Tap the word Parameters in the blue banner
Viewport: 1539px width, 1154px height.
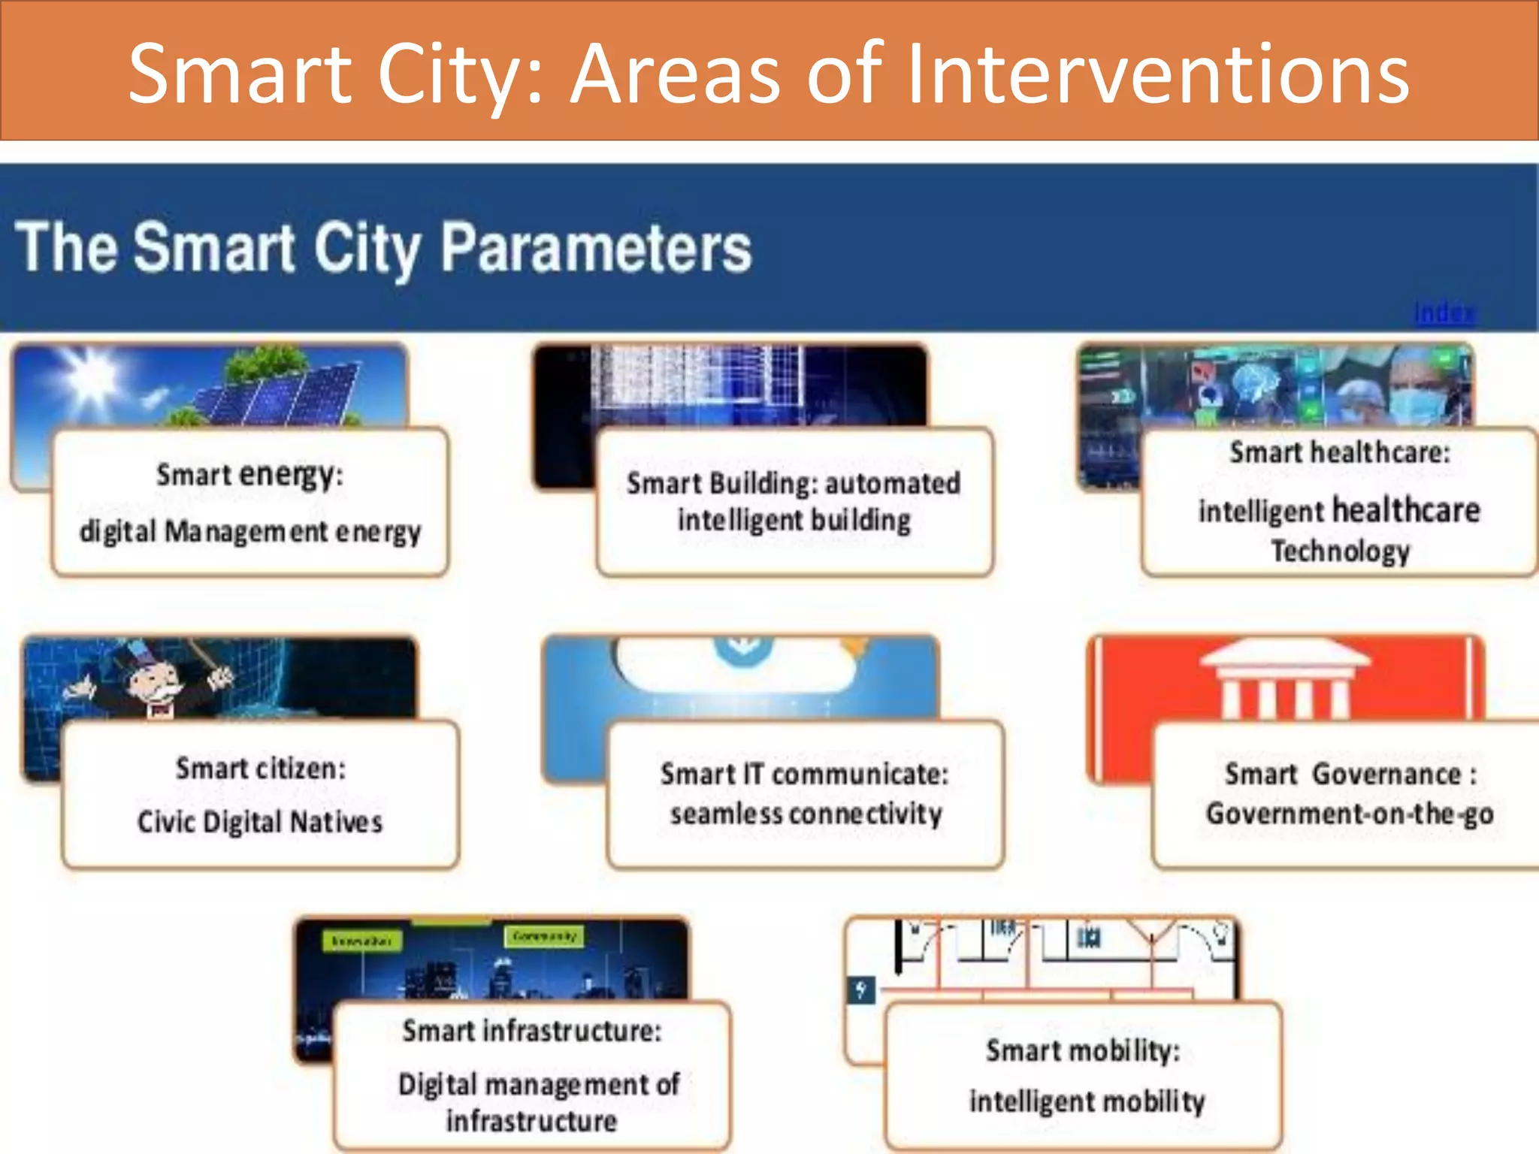[595, 248]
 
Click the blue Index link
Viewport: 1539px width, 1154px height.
[1444, 313]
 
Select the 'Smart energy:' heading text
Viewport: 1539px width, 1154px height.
[249, 475]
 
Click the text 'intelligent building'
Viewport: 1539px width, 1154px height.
[794, 520]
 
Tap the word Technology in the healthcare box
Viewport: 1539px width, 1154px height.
[1340, 551]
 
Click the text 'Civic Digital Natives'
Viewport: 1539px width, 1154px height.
[260, 822]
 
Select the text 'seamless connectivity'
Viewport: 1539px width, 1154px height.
[806, 814]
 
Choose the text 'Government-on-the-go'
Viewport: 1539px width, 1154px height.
[1349, 814]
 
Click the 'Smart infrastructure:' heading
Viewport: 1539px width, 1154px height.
[531, 1031]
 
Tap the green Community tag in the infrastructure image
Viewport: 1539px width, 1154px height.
[545, 936]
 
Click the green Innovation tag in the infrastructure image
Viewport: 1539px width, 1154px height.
[361, 941]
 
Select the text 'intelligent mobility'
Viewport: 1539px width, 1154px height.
[1086, 1101]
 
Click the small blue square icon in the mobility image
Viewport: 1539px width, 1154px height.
[861, 989]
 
